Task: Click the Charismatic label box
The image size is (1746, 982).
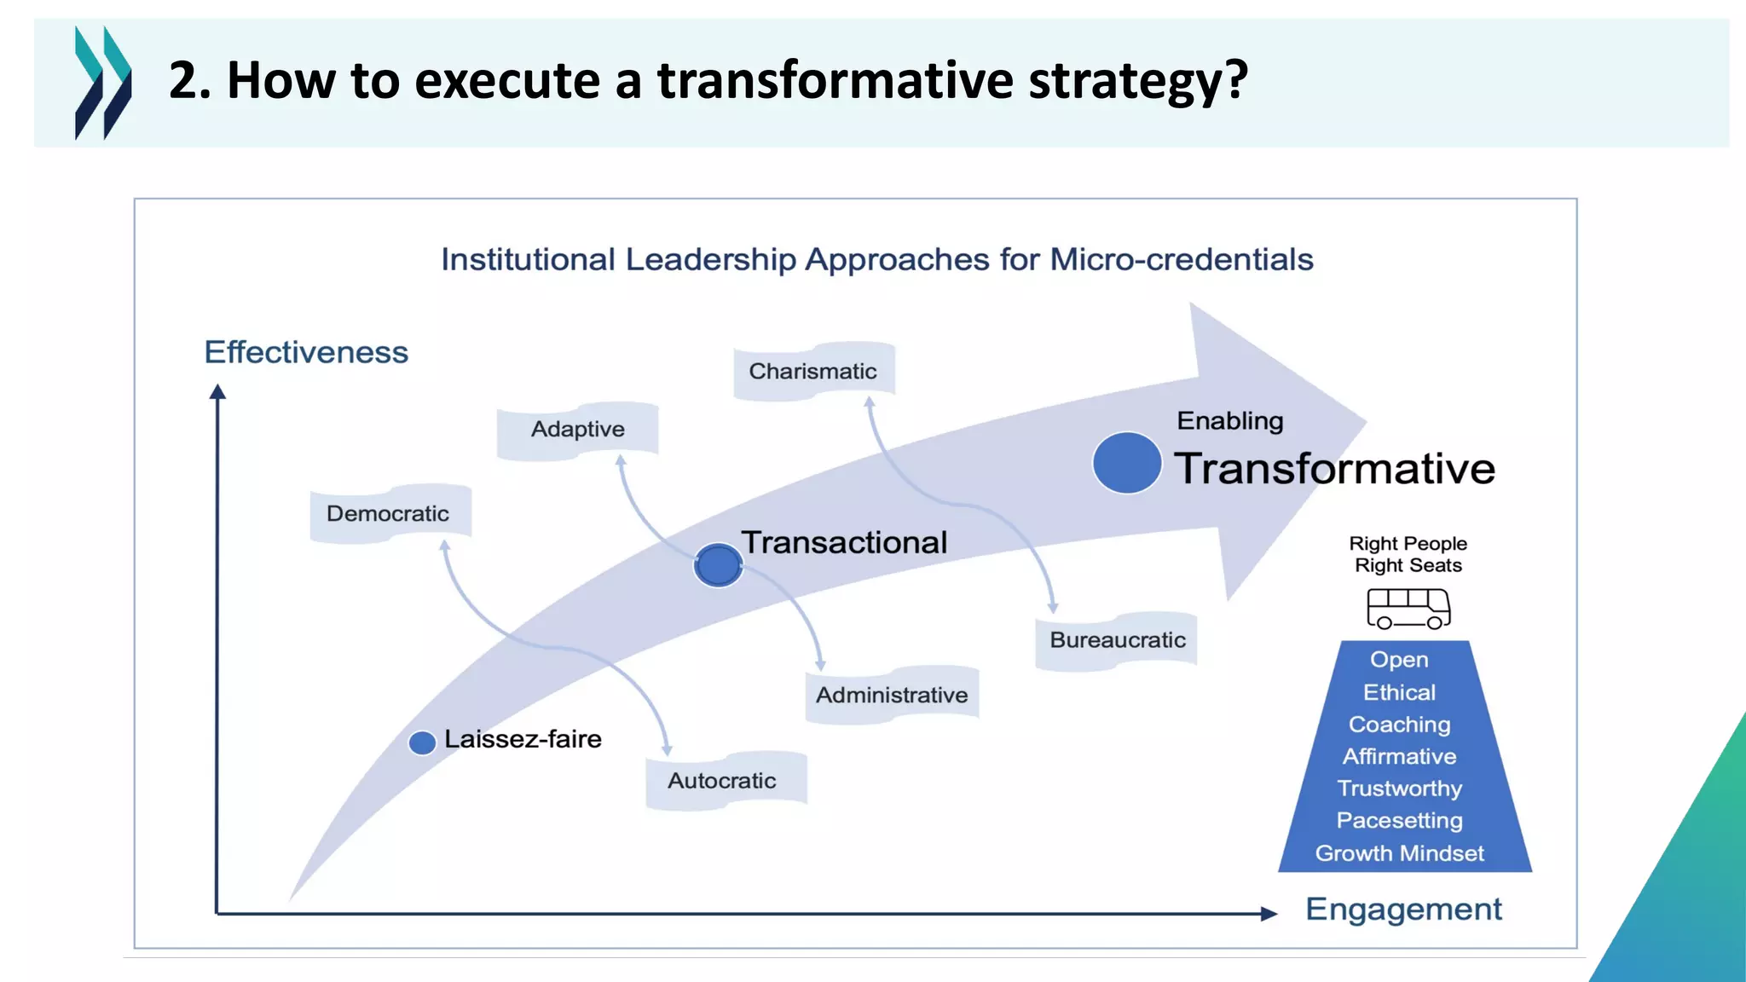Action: [813, 371]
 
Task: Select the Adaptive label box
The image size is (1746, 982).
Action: [577, 430]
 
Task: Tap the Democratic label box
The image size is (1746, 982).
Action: [389, 513]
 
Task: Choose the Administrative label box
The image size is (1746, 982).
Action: [892, 695]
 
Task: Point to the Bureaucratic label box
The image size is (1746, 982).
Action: [1117, 640]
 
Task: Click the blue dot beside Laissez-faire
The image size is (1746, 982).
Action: [422, 742]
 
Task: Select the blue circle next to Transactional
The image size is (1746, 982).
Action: [718, 565]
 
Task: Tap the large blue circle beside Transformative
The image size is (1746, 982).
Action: [1126, 463]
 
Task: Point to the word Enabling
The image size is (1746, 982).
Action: [1229, 421]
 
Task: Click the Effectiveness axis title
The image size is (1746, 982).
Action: [306, 352]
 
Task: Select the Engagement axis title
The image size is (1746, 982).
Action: [1403, 910]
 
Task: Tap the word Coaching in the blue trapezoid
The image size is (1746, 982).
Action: [1399, 725]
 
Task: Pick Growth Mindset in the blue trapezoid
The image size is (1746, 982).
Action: [1399, 853]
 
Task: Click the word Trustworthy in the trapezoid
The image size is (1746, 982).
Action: [1399, 788]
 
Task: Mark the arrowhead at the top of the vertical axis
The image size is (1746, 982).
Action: [217, 391]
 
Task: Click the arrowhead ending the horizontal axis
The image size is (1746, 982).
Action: [1269, 914]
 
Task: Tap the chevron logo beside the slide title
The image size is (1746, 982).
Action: [103, 83]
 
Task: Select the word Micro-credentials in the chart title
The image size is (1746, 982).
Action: [1182, 259]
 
